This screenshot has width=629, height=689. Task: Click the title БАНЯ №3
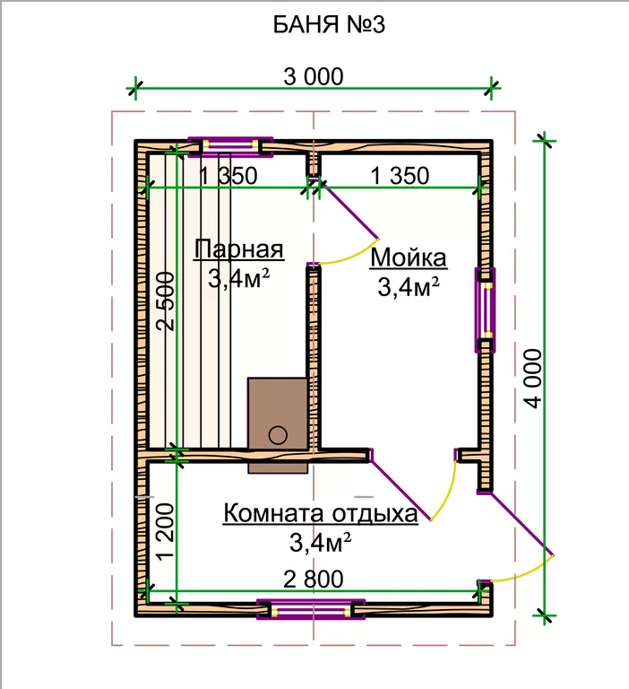(x=329, y=24)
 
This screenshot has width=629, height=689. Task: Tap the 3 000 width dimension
(x=313, y=76)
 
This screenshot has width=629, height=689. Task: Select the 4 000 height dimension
(x=534, y=379)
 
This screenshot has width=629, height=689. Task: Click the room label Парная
(x=238, y=249)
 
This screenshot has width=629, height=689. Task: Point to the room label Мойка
(x=409, y=257)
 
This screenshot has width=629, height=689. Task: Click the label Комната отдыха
(x=321, y=513)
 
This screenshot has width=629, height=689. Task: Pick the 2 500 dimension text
(x=166, y=301)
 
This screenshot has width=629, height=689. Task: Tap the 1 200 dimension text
(x=166, y=532)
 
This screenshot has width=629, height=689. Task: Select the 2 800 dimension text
(x=313, y=580)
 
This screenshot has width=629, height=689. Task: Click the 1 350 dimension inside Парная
(x=228, y=176)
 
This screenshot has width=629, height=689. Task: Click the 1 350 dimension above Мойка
(x=400, y=176)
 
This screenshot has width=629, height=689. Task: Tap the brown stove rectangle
(x=278, y=425)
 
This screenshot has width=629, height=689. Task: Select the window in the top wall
(x=230, y=147)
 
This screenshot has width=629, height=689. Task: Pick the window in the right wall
(x=485, y=310)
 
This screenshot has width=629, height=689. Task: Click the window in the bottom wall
(x=311, y=609)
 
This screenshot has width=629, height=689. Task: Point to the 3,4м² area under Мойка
(x=409, y=287)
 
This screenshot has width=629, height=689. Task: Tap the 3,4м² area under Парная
(x=238, y=278)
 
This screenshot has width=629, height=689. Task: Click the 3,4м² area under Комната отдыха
(x=320, y=543)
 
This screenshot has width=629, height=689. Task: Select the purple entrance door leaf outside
(x=521, y=524)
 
